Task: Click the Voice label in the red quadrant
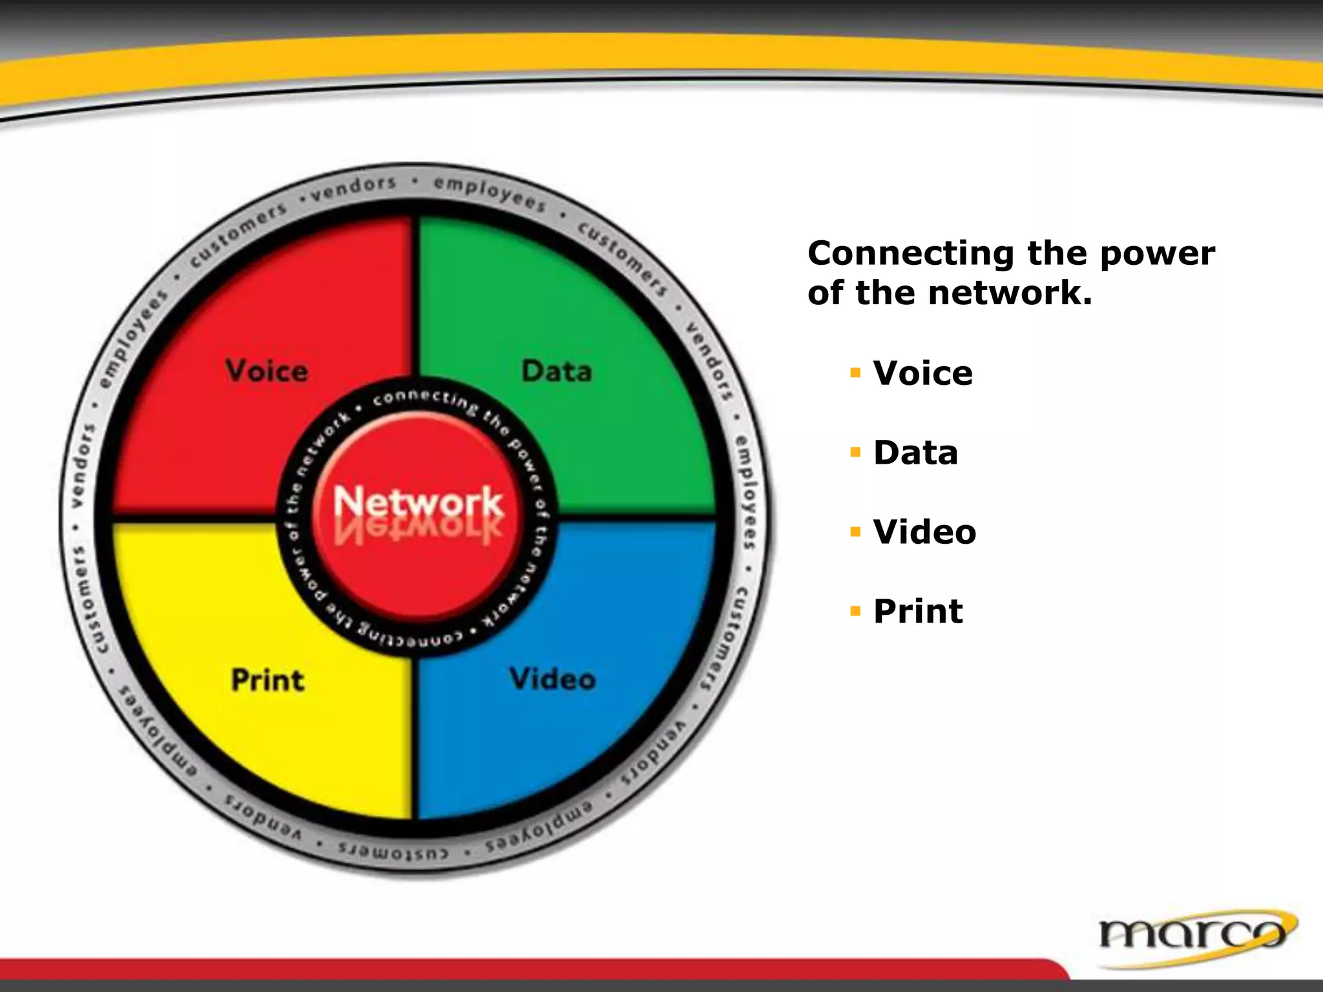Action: (266, 371)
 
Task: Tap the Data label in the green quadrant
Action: (556, 371)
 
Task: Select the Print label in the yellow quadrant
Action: (267, 681)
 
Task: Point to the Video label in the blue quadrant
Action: (553, 679)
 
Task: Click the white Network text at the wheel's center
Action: (418, 501)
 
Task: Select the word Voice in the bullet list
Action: (922, 373)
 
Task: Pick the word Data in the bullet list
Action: (915, 453)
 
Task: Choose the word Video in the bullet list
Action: (924, 532)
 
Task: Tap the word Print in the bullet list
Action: (918, 612)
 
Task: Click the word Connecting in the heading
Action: (910, 254)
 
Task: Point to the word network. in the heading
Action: (1010, 293)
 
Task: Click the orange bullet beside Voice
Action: (856, 373)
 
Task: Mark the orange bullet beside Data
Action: (856, 453)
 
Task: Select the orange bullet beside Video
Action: (856, 532)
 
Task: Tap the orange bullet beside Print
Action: (856, 612)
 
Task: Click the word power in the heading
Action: (1157, 254)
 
